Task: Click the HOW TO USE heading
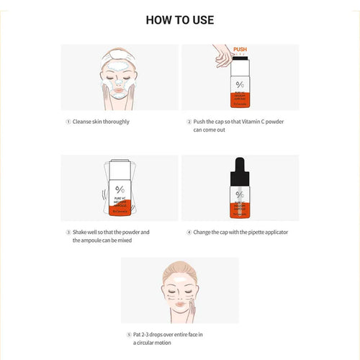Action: tap(179, 19)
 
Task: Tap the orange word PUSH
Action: tap(240, 50)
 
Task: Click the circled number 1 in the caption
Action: tap(68, 122)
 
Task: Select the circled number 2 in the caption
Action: tap(189, 122)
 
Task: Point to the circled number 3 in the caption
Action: tap(68, 233)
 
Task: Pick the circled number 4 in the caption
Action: tap(189, 233)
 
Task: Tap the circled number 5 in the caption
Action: tap(129, 335)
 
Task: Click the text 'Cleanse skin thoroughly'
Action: tap(102, 122)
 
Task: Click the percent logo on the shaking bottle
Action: tap(119, 189)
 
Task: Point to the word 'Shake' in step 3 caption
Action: tap(81, 233)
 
